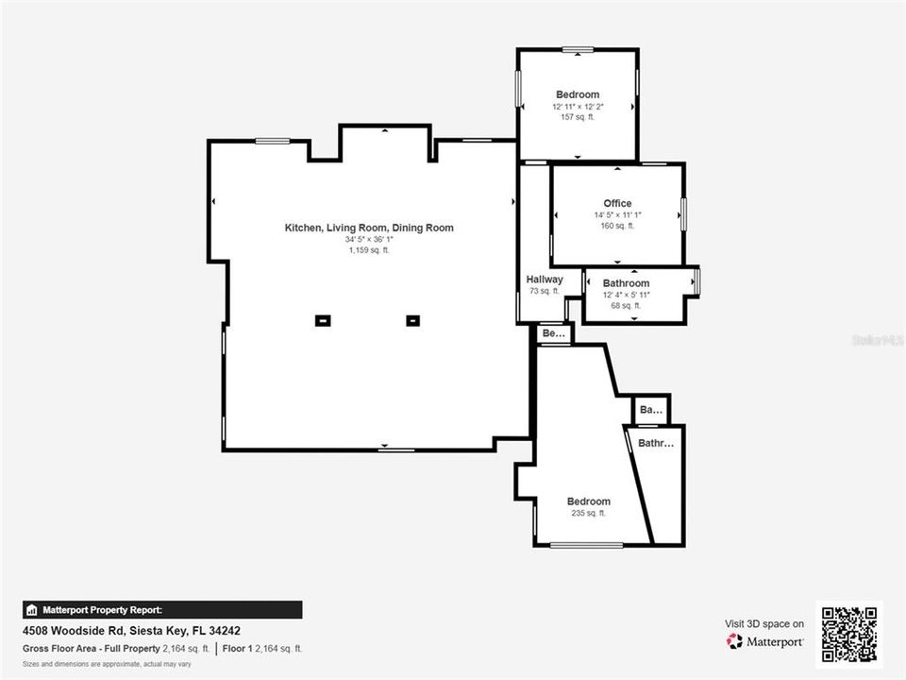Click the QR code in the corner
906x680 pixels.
point(848,634)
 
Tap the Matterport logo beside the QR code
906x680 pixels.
point(765,641)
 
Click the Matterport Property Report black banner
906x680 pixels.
point(162,610)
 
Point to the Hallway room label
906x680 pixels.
point(545,280)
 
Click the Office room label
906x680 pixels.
point(617,203)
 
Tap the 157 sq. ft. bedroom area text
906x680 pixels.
point(578,117)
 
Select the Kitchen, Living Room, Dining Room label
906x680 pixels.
point(369,228)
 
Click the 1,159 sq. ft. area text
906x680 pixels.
point(369,250)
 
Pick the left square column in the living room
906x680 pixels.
point(323,320)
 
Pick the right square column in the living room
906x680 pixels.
point(412,320)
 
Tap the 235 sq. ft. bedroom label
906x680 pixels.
point(588,513)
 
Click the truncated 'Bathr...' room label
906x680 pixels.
point(656,443)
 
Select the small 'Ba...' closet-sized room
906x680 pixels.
point(650,410)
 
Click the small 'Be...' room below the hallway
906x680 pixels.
point(554,333)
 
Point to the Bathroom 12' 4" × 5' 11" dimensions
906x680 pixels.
point(626,295)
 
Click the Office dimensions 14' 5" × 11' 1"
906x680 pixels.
point(617,215)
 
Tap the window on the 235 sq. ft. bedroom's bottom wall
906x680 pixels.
point(586,545)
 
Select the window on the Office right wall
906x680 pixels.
point(683,212)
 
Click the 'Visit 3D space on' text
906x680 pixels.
point(764,623)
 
